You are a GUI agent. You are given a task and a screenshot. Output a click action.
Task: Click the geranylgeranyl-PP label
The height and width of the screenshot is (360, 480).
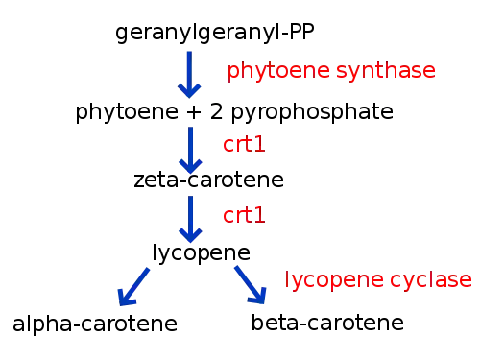pos(215,33)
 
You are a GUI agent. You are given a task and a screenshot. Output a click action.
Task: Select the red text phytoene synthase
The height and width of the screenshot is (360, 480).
pos(331,71)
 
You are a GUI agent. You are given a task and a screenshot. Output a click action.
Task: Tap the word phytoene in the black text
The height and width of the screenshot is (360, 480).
pos(127,112)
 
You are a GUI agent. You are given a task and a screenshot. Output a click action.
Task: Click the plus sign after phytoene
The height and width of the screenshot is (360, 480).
pos(194,112)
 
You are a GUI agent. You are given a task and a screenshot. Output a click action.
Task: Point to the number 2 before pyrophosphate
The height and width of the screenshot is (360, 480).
pos(216,111)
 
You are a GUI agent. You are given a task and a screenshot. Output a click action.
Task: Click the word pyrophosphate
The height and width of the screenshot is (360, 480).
pos(312,112)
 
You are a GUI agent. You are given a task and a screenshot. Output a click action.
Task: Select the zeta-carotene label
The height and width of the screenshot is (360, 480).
pos(208,180)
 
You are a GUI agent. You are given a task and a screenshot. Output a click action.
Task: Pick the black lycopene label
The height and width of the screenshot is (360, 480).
pos(201,253)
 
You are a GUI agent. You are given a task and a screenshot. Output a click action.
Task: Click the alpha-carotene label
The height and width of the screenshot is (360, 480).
pos(95,324)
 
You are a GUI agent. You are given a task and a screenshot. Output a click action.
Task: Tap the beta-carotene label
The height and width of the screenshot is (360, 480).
pos(327,323)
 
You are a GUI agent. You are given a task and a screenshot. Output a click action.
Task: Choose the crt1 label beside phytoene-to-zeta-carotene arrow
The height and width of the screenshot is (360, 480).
pos(244,144)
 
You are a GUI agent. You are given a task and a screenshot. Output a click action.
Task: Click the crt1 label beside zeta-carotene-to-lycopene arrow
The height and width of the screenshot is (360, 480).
pos(244,215)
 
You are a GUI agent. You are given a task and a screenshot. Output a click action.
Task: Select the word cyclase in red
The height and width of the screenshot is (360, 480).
pos(431,280)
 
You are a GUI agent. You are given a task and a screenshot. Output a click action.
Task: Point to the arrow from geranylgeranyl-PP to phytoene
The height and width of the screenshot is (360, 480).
pos(189,75)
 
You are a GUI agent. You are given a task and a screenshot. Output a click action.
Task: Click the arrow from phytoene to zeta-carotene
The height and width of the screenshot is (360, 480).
pos(190,151)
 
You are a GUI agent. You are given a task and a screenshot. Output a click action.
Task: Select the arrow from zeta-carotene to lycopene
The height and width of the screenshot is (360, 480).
pos(190,220)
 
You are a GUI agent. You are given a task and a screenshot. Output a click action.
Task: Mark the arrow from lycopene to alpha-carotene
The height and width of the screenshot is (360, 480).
pos(133,287)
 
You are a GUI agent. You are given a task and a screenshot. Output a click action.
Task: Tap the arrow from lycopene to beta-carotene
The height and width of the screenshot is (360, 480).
pos(251,285)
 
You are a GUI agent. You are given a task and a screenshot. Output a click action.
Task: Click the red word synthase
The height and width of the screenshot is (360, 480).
pos(386,71)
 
